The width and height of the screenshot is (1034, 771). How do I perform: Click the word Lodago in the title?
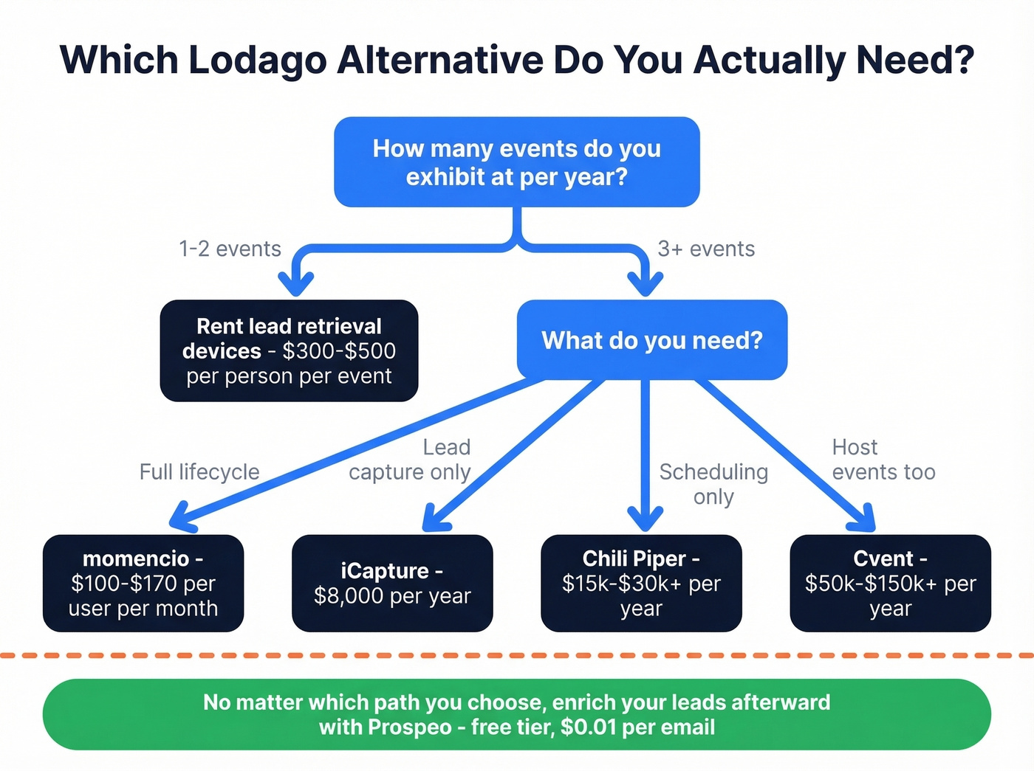(x=257, y=60)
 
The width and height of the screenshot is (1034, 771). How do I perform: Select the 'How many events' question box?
(x=516, y=162)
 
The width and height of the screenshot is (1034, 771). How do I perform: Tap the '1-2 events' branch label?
(x=230, y=249)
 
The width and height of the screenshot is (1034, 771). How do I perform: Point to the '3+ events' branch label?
(x=706, y=249)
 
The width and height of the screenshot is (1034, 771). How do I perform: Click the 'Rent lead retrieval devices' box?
(x=289, y=350)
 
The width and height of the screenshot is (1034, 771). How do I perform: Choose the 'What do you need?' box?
(x=651, y=340)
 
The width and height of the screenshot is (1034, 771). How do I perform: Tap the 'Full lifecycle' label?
(x=199, y=471)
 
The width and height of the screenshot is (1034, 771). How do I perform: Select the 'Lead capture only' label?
(x=410, y=460)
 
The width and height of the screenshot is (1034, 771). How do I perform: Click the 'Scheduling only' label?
(x=713, y=483)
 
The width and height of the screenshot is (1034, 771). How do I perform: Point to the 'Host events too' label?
(x=883, y=460)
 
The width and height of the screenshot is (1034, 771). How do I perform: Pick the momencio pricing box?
(x=143, y=583)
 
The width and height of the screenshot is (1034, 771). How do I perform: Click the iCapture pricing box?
(x=392, y=583)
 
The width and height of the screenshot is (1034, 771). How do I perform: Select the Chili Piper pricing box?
(x=641, y=583)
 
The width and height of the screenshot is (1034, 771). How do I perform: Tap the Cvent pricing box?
(x=890, y=583)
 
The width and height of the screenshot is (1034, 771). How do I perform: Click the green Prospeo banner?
(x=516, y=714)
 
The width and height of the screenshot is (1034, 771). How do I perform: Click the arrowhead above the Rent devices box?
(x=296, y=283)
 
